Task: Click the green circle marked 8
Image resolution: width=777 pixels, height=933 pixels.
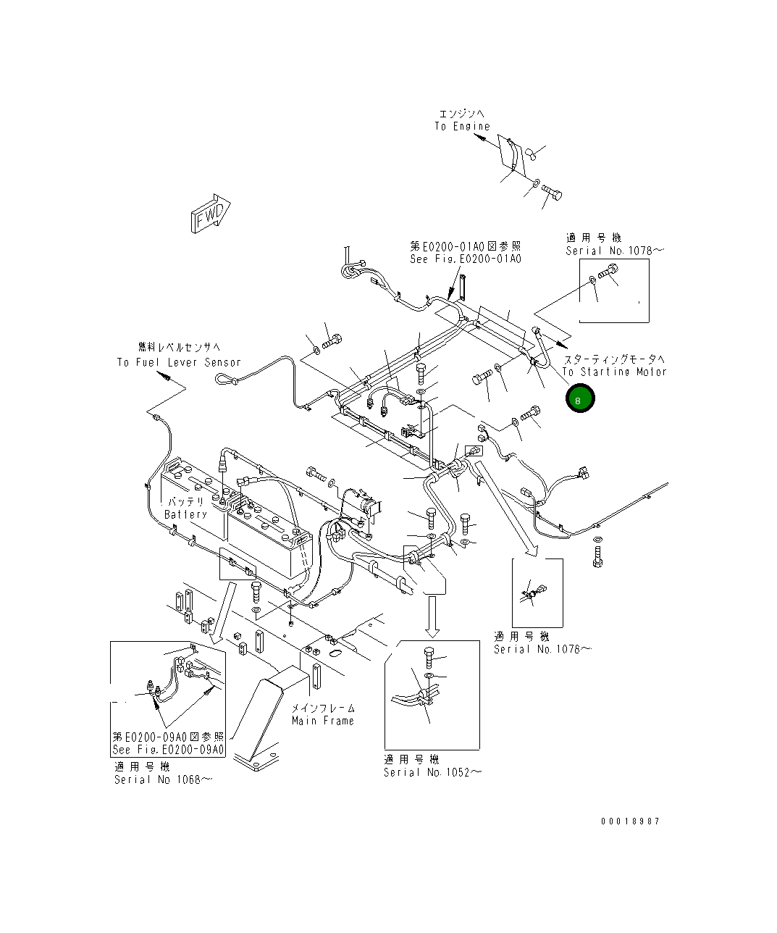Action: (580, 398)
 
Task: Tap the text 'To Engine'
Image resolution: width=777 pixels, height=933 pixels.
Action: (462, 127)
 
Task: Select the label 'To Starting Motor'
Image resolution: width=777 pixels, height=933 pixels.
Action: (614, 372)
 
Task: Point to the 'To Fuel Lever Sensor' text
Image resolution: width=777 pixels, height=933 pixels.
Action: (179, 362)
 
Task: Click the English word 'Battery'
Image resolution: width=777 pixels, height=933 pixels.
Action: (185, 514)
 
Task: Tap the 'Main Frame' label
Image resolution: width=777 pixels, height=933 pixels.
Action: (323, 721)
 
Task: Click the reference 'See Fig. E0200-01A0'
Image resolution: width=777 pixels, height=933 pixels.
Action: (465, 259)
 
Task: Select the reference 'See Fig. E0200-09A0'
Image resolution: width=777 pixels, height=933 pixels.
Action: (168, 750)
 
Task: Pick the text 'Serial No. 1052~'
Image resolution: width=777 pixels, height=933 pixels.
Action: (432, 773)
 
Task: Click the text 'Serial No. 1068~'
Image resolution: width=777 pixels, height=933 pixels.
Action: (163, 779)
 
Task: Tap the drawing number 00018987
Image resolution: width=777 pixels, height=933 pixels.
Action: (630, 821)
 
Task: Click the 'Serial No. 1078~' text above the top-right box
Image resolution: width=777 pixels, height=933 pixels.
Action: (615, 251)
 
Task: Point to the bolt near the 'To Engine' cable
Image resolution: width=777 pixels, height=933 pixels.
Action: (553, 193)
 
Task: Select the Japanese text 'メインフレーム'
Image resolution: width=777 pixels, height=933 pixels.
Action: (323, 708)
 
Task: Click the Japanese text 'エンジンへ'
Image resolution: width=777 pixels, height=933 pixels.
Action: (461, 114)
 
